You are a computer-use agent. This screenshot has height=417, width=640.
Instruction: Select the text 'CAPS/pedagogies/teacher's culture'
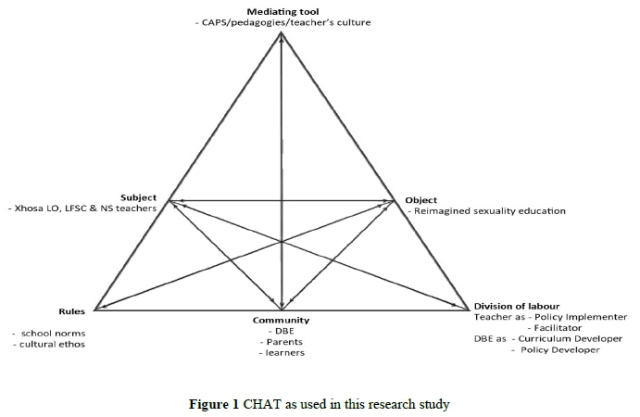click(288, 22)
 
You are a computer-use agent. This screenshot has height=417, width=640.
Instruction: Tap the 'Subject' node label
click(138, 198)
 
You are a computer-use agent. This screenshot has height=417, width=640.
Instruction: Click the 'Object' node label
click(422, 199)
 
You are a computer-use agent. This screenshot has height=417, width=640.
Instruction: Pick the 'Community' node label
click(282, 320)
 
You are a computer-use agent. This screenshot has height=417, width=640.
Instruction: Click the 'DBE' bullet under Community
click(282, 331)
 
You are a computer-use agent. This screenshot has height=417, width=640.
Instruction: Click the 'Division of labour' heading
click(516, 306)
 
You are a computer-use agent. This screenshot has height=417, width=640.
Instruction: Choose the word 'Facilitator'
click(565, 328)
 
